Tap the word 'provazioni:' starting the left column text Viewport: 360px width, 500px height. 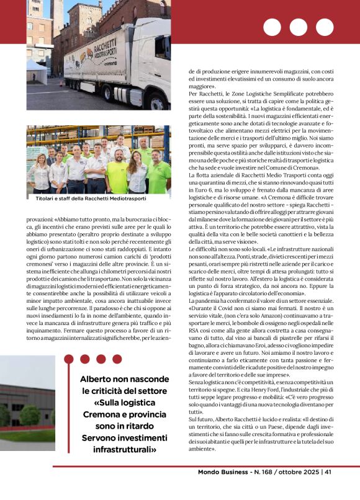point(40,219)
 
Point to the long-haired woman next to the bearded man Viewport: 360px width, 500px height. point(137,170)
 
